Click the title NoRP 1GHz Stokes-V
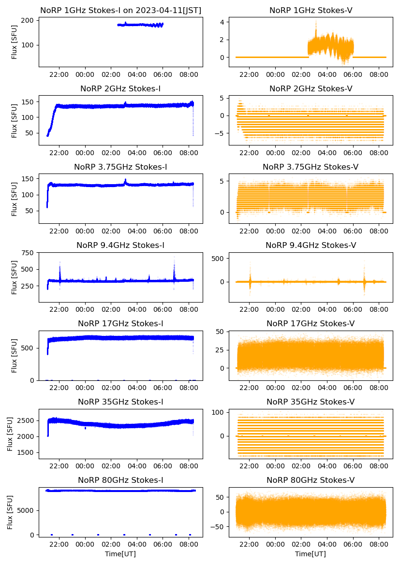311,10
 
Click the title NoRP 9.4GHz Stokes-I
120,246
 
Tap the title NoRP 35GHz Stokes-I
120,402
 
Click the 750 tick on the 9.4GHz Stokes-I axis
27,253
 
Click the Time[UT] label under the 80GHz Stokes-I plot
120,554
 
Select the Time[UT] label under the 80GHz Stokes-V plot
311,554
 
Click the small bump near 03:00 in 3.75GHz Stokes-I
125,181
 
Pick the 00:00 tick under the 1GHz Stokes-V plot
275,75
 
